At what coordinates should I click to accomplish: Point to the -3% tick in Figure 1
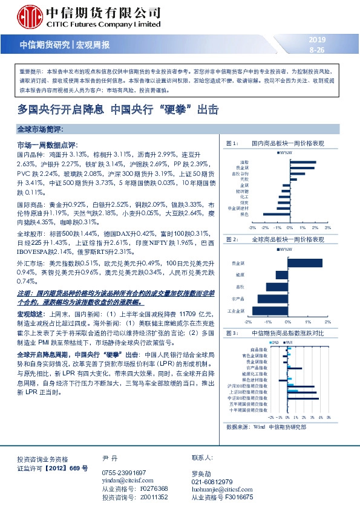[252, 228]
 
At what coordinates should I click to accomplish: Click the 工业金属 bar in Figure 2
[270, 311]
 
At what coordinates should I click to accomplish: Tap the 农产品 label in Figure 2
[238, 299]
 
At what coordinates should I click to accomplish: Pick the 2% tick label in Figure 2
[327, 322]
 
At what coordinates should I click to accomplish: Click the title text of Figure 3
[284, 334]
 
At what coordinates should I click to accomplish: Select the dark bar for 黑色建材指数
[283, 379]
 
